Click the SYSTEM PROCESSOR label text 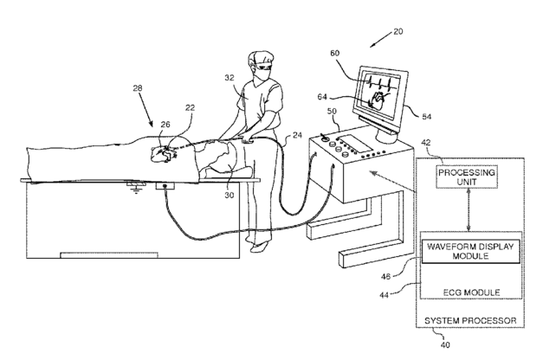471,320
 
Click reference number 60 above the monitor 333,54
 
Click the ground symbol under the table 133,185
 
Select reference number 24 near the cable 296,134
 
